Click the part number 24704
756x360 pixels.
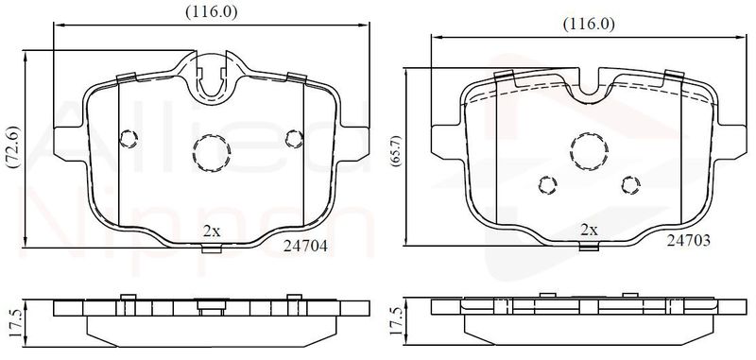[305, 247]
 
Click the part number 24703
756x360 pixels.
[689, 241]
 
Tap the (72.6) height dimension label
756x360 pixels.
[13, 147]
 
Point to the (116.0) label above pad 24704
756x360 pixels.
[212, 11]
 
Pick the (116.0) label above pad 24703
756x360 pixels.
[589, 25]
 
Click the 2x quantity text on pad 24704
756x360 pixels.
[212, 231]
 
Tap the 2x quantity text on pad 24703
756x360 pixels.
[589, 230]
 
